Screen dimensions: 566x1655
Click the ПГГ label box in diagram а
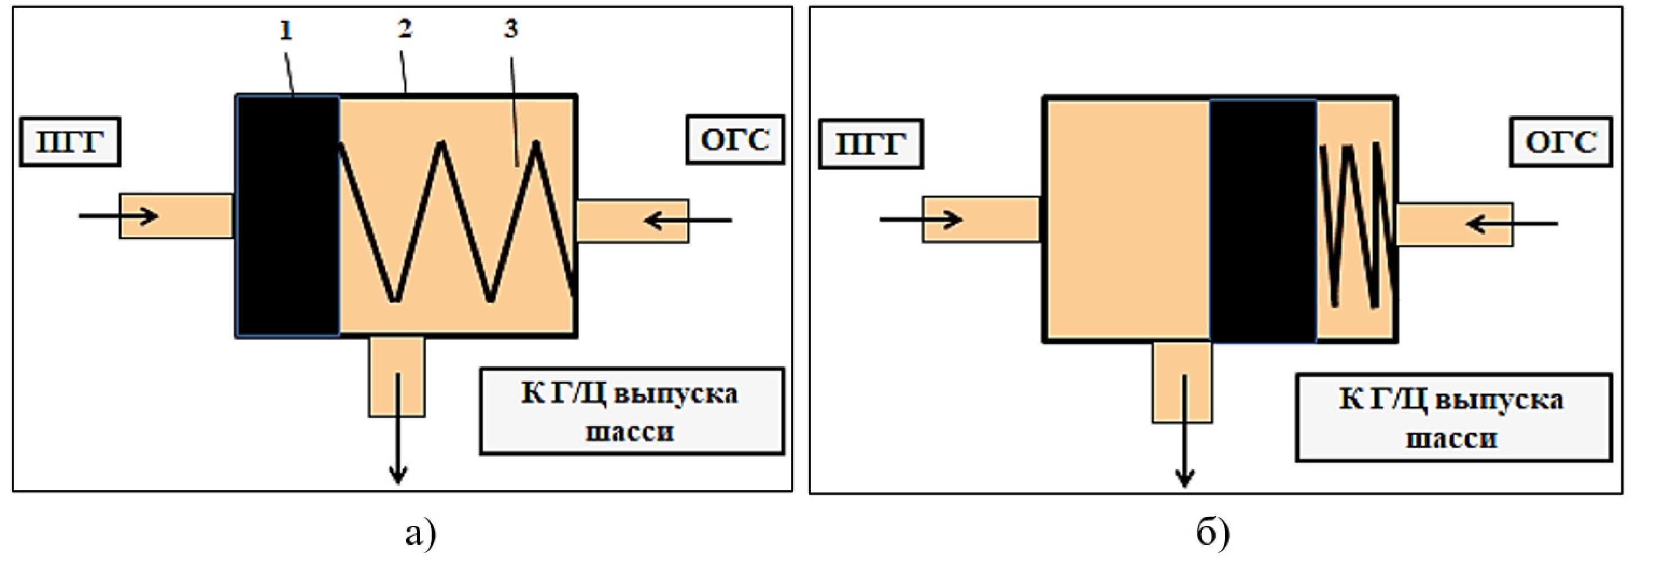70,142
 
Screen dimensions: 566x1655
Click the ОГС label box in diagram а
735,140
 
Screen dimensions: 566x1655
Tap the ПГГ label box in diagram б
871,144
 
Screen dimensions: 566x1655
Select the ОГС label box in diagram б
1561,142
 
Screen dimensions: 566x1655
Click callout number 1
286,31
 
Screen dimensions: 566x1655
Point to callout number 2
404,28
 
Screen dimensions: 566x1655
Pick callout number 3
511,28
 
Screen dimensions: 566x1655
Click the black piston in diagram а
288,216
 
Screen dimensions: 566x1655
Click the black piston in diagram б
1262,220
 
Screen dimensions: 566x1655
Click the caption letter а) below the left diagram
421,533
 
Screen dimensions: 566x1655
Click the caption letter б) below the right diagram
1213,533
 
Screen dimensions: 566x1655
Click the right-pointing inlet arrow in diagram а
119,215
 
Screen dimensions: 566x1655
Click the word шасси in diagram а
630,431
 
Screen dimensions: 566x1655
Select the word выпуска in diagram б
1498,401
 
